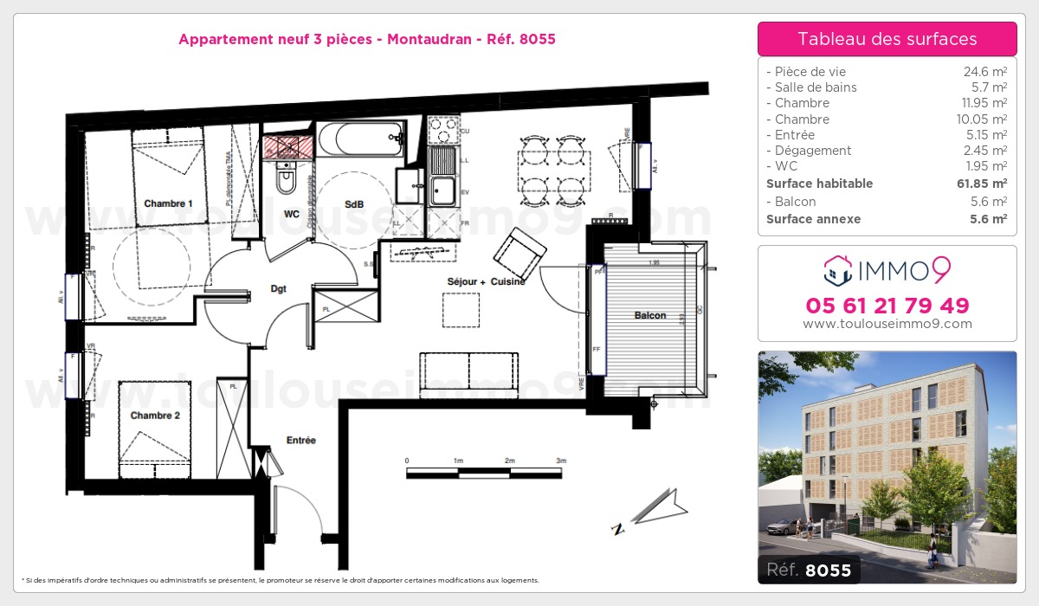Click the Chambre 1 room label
tap(168, 203)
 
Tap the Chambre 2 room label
tap(155, 416)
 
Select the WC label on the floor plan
tap(292, 213)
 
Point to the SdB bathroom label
tap(353, 204)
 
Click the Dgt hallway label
tap(277, 289)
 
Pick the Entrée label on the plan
tap(300, 441)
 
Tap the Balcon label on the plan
tap(649, 315)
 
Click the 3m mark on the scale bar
tap(561, 461)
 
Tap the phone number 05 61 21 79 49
tap(887, 306)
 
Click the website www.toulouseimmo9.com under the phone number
tap(887, 324)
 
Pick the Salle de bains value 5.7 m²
tap(990, 87)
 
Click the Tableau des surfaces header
tap(887, 39)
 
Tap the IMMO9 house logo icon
tap(836, 271)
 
